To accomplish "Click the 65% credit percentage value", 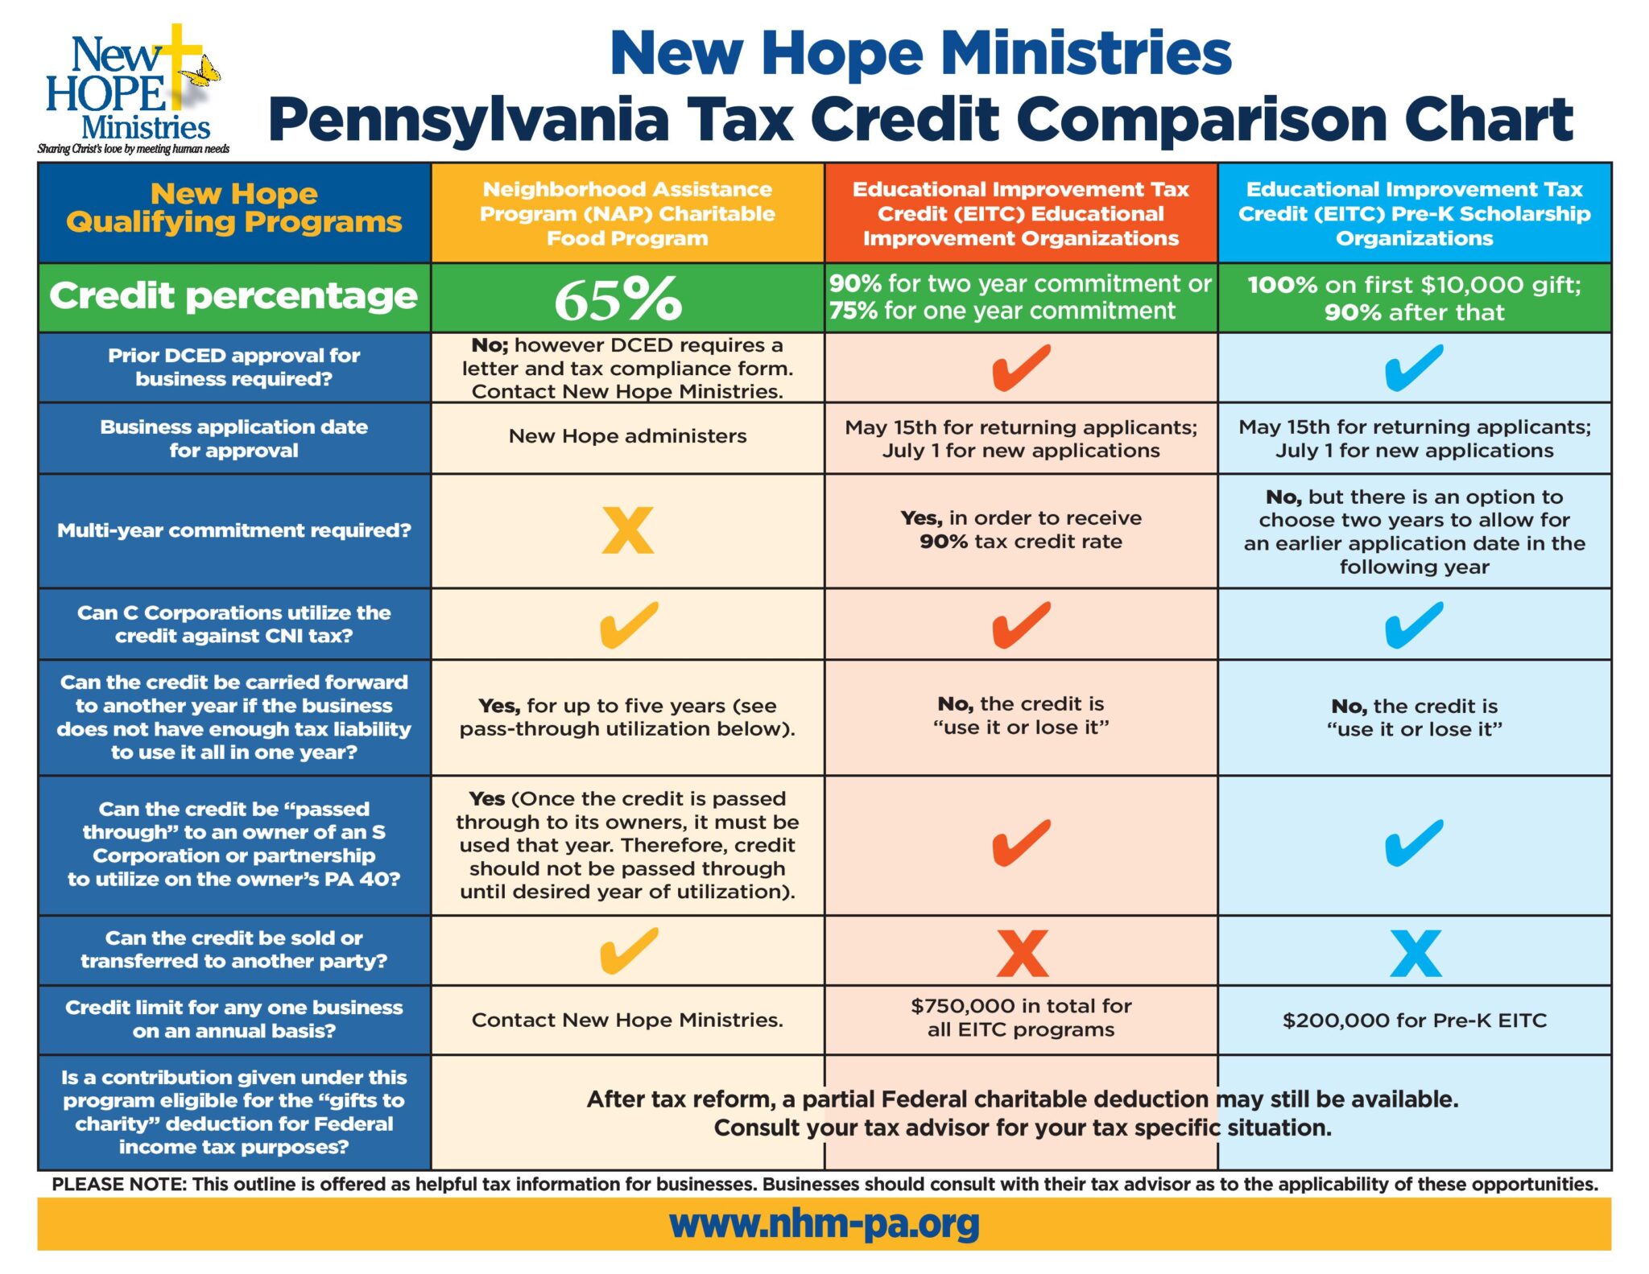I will pyautogui.click(x=618, y=299).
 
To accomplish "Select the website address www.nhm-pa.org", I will pyautogui.click(x=824, y=1223).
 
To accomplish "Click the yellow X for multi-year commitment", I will pyautogui.click(x=628, y=530).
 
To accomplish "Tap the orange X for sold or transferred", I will pyautogui.click(x=1022, y=953).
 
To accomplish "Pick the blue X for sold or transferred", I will pyautogui.click(x=1415, y=953).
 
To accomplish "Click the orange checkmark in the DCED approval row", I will pyautogui.click(x=1021, y=368).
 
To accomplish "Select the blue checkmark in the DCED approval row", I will pyautogui.click(x=1414, y=368).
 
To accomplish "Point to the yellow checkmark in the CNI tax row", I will pyautogui.click(x=629, y=625).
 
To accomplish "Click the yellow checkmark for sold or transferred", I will pyautogui.click(x=629, y=950).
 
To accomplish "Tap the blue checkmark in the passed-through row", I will pyautogui.click(x=1414, y=843).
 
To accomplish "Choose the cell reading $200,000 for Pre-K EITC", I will pyautogui.click(x=1415, y=1020).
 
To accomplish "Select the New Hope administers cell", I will pyautogui.click(x=627, y=436).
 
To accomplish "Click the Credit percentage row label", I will pyautogui.click(x=234, y=296).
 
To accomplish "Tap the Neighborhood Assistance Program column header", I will pyautogui.click(x=627, y=213).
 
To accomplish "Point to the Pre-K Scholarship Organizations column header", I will pyautogui.click(x=1415, y=213).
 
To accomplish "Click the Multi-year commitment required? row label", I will pyautogui.click(x=234, y=530).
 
